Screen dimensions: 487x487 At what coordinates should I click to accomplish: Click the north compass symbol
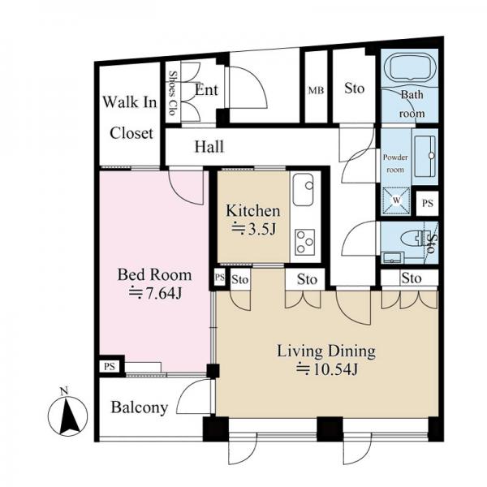coord(67,416)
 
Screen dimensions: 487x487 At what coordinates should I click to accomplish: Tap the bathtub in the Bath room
coord(410,67)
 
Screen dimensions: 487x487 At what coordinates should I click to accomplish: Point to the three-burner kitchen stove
coord(304,242)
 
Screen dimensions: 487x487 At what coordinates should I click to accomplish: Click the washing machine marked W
coord(396,200)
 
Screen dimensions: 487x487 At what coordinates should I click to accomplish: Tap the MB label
coord(317,90)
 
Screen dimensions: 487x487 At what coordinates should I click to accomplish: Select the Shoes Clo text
coord(173,93)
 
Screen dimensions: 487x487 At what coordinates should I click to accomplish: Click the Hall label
coord(209,146)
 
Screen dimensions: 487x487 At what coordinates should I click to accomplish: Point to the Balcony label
coord(140,407)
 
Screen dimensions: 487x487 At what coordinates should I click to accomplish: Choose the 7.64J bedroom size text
coord(155,293)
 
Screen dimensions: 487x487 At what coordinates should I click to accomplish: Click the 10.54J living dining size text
coord(327,369)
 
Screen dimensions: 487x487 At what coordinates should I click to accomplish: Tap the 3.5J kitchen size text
coord(253,229)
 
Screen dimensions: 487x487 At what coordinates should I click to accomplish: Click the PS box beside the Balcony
coord(110,366)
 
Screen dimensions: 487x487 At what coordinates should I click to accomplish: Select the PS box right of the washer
coord(428,204)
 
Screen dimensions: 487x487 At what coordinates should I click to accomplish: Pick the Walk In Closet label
coord(131,118)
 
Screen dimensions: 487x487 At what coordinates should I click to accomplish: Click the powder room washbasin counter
coord(425,157)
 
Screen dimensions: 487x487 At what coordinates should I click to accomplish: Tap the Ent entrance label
coord(206,90)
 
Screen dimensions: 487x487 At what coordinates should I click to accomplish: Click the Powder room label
coord(395,163)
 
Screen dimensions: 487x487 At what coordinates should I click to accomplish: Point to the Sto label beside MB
coord(354,88)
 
